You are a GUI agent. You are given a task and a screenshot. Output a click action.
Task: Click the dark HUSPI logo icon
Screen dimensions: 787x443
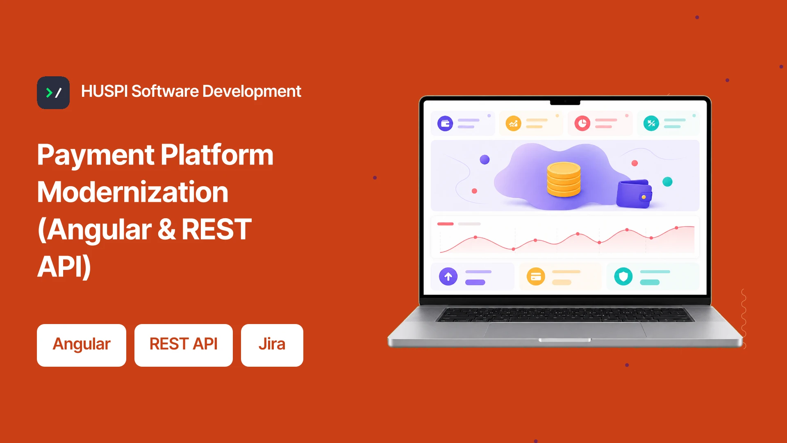tap(53, 93)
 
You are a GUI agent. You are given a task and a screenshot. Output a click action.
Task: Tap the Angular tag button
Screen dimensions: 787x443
tap(82, 345)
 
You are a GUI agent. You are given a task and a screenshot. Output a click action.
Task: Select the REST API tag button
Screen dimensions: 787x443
tap(184, 345)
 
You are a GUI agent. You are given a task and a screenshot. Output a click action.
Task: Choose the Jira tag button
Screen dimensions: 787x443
tap(272, 345)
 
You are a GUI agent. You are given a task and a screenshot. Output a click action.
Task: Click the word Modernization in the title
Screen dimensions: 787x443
tap(133, 192)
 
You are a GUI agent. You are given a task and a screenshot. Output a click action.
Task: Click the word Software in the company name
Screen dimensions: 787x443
tap(165, 91)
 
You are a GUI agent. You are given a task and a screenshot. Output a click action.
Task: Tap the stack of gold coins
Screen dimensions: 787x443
tap(564, 179)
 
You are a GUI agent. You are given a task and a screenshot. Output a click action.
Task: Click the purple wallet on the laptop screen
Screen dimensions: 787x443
tap(634, 194)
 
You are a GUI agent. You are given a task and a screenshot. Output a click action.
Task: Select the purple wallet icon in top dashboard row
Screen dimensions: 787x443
tap(445, 123)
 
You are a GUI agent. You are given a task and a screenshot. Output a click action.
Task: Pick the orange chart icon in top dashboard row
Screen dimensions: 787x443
tap(513, 123)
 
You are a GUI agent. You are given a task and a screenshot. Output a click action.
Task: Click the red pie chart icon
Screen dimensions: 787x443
tap(582, 123)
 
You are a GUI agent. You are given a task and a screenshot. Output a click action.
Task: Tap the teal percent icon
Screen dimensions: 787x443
tap(651, 123)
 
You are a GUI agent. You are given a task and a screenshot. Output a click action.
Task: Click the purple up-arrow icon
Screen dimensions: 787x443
tap(448, 276)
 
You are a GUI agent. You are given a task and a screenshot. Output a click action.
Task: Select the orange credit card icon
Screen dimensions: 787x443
tap(536, 276)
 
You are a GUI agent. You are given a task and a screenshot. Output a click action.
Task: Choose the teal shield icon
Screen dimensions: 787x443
tap(623, 276)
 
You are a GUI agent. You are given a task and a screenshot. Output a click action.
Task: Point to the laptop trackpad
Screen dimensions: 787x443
tap(565, 330)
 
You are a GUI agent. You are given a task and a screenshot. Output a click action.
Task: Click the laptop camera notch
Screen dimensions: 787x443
tap(565, 101)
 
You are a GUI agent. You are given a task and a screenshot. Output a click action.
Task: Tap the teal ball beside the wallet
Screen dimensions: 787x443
tap(667, 182)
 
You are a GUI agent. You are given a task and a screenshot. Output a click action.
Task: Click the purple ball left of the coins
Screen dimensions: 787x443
tap(484, 160)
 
